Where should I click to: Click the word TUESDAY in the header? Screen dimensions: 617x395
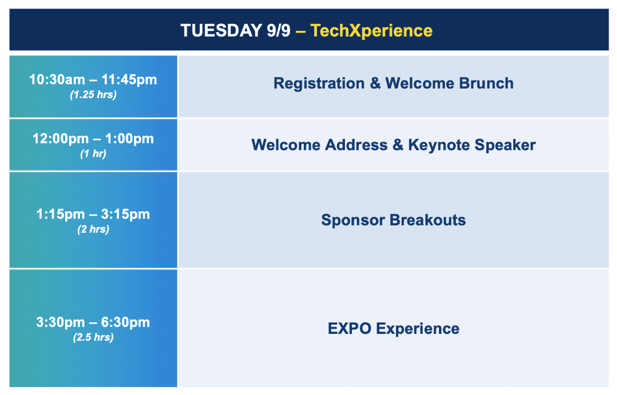tap(221, 31)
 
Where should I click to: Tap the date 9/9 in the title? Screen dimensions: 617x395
tap(278, 31)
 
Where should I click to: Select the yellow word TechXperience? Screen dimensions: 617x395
tap(371, 31)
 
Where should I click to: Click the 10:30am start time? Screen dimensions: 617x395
tap(57, 80)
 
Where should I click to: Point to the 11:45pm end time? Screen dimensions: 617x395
tap(129, 80)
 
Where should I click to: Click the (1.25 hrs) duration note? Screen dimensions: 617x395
tap(93, 95)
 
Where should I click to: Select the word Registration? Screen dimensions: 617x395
tap(319, 83)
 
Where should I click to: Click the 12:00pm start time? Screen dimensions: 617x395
tap(61, 139)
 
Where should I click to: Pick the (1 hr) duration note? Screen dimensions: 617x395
tap(93, 154)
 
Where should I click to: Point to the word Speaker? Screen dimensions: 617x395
tap(505, 146)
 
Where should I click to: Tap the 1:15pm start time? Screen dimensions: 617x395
tap(61, 214)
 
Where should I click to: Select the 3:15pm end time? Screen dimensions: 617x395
tap(126, 214)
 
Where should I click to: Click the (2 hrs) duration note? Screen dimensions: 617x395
tap(93, 229)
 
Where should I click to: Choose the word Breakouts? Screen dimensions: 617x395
tap(428, 220)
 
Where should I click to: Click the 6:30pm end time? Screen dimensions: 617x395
tap(126, 323)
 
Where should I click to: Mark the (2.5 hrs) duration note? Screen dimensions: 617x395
tap(93, 337)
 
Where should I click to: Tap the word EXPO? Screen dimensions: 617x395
tap(350, 329)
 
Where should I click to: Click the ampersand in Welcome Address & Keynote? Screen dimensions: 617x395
tap(398, 144)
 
